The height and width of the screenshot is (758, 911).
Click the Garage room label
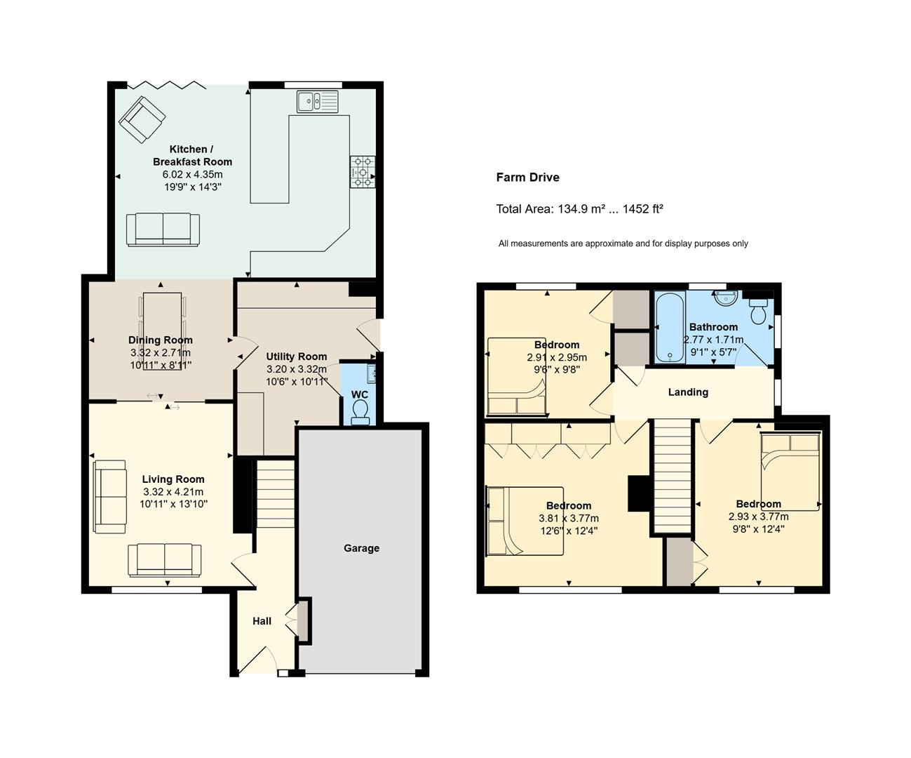(361, 548)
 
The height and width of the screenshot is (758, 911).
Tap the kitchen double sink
(318, 101)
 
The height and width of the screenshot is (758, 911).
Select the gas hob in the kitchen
(363, 172)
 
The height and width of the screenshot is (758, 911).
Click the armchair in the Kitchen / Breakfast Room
(142, 119)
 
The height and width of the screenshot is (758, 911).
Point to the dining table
(162, 331)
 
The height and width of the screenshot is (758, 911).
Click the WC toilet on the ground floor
(360, 413)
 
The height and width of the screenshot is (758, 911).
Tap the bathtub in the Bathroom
(670, 327)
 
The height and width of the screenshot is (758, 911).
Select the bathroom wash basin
(726, 298)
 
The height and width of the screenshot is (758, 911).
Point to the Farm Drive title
(527, 178)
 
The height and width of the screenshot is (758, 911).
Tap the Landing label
(688, 392)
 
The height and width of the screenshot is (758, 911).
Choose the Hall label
(262, 621)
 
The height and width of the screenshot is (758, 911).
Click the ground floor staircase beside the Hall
(275, 494)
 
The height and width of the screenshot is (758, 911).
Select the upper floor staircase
(673, 476)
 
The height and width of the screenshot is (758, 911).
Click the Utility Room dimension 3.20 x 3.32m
(296, 369)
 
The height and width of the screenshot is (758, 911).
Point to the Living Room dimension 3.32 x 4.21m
(173, 492)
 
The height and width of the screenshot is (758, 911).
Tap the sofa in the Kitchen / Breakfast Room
(163, 230)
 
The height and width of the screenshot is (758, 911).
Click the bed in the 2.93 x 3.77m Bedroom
(790, 472)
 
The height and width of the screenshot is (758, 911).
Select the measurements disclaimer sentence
(623, 244)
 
